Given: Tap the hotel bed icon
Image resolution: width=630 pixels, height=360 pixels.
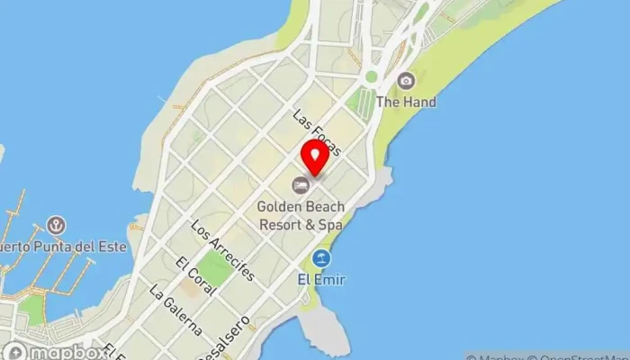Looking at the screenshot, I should pyautogui.click(x=301, y=185).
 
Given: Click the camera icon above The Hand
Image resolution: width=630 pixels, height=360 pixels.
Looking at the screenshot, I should pyautogui.click(x=407, y=81).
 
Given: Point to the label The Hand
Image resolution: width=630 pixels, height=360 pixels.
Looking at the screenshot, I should pyautogui.click(x=406, y=102).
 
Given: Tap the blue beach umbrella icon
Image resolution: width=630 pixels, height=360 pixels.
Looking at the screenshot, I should pyautogui.click(x=321, y=259).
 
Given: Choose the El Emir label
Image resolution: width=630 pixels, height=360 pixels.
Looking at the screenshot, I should pyautogui.click(x=321, y=280).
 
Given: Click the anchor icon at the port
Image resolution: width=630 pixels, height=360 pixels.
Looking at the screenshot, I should pyautogui.click(x=57, y=224).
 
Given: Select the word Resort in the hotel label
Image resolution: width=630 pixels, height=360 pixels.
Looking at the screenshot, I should pyautogui.click(x=280, y=225).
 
